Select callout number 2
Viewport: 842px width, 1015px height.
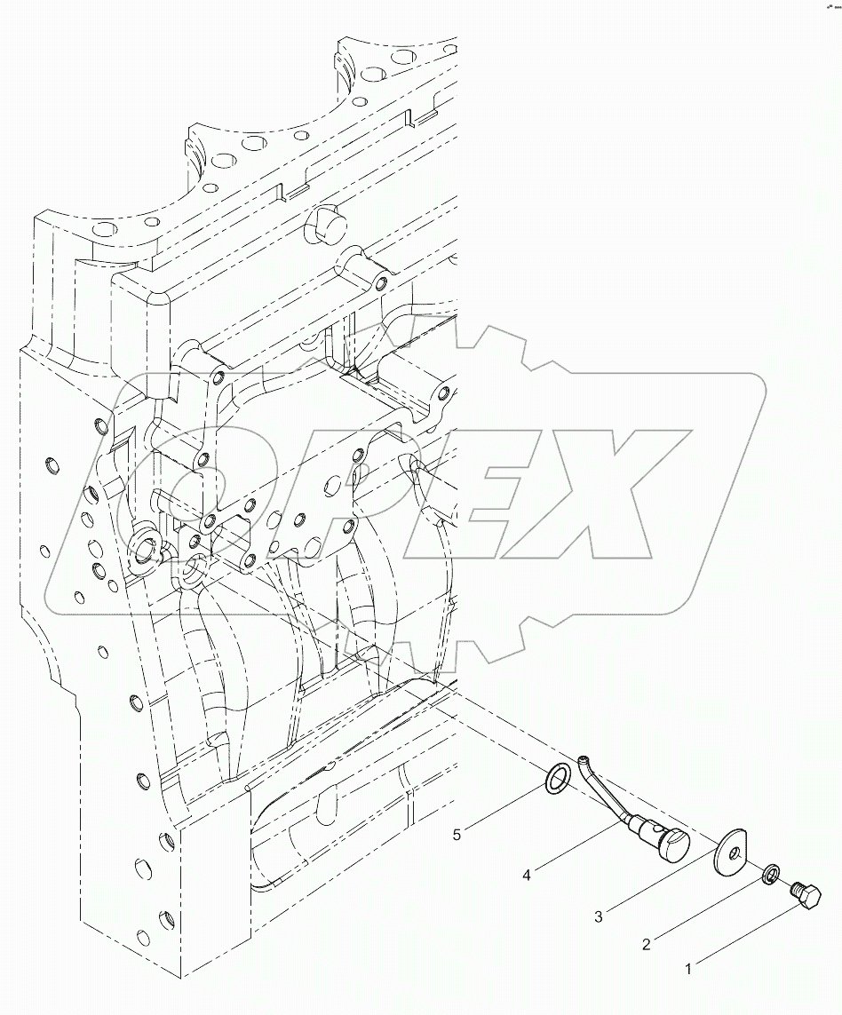[x=647, y=945]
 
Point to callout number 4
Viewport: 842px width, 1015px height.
[x=527, y=876]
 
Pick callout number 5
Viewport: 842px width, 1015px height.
[x=458, y=835]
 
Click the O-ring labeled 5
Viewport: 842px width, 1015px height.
[x=557, y=778]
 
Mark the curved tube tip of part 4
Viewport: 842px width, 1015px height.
[x=582, y=759]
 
